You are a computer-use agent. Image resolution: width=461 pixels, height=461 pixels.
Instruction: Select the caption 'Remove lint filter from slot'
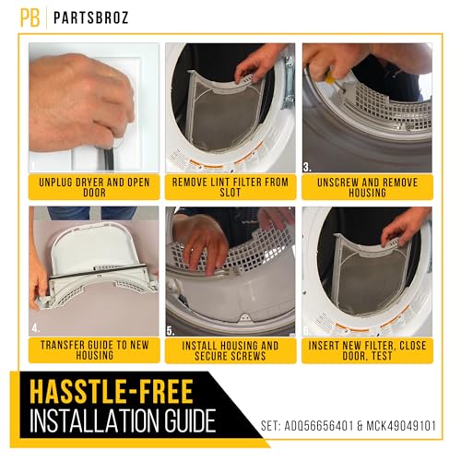230,187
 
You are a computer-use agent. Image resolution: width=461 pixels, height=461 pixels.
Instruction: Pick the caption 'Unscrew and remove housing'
366,187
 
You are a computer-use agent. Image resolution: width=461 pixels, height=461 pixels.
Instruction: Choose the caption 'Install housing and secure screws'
230,350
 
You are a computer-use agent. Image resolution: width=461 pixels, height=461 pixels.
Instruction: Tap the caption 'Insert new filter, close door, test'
366,350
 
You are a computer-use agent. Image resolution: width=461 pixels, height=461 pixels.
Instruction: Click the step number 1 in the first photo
34,167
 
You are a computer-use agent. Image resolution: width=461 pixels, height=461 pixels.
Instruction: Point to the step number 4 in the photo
35,326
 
